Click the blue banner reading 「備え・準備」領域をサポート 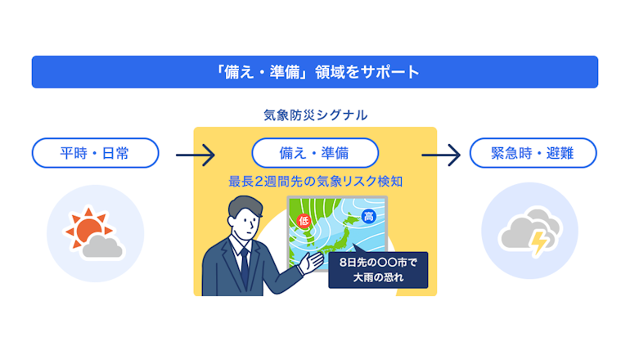315,72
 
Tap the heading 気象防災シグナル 315,115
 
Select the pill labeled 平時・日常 95,153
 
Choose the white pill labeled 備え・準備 315,153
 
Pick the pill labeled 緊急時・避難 533,153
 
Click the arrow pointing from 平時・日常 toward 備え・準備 196,155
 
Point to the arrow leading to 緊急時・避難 441,155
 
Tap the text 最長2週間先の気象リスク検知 315,181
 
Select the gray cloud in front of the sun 102,247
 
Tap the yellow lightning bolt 538,243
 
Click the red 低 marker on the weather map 304,221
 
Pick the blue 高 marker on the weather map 368,216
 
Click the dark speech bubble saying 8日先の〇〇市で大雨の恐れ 378,269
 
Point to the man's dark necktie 245,268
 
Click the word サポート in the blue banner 390,72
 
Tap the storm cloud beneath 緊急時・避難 529,231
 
